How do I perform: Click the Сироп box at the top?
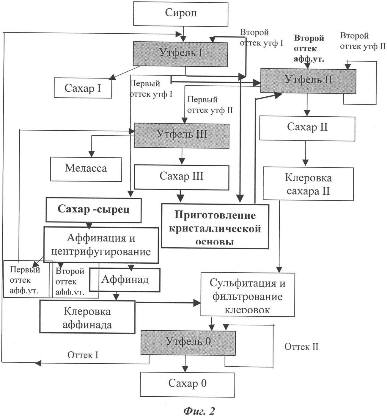tap(181, 13)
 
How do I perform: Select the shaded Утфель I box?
tap(180, 54)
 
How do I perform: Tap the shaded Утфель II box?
tap(308, 81)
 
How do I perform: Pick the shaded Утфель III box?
tap(182, 135)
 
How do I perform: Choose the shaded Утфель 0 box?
tap(188, 343)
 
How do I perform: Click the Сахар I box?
tap(83, 88)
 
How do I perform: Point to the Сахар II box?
tap(307, 128)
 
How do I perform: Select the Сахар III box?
tap(181, 177)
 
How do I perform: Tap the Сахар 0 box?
tap(187, 384)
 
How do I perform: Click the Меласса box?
tap(86, 169)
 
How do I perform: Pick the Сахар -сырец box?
tap(93, 210)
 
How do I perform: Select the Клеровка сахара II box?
tap(308, 184)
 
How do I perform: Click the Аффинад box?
tap(125, 280)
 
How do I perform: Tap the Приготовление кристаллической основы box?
tap(215, 226)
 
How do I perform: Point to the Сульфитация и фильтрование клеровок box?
tap(247, 294)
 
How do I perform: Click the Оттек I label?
tap(83, 355)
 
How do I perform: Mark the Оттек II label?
tap(301, 347)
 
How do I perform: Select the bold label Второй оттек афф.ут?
tap(309, 49)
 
